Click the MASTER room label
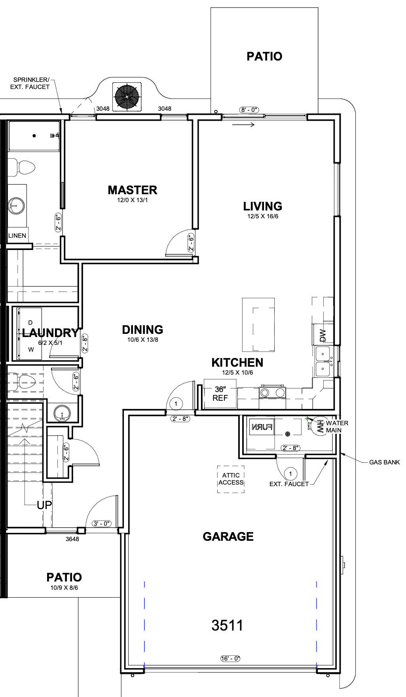point(133,190)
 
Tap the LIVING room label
point(263,206)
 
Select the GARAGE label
point(228,536)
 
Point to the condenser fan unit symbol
point(127,97)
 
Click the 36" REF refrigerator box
point(220,394)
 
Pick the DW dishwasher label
point(323,335)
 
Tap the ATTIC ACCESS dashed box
point(231,479)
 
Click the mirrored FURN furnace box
point(262,427)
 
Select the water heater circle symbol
point(319,426)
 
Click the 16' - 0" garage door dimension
point(230,659)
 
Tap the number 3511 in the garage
point(228,625)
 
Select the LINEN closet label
point(17,236)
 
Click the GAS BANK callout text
point(384,462)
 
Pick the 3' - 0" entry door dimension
point(102,524)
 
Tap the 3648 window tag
point(72,539)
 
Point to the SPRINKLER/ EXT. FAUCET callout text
point(32,83)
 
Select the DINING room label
point(142,330)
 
